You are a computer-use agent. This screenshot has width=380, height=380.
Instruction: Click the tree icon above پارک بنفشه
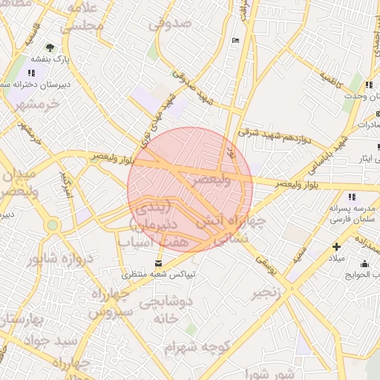pos(50,46)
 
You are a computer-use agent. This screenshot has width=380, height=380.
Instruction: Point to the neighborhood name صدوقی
pos(170,24)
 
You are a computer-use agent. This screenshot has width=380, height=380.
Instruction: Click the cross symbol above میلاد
pos(337,246)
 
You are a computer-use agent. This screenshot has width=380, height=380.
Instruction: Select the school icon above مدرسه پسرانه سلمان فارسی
pos(351,197)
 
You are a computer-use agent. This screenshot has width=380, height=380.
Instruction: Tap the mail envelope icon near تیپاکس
pos(157,263)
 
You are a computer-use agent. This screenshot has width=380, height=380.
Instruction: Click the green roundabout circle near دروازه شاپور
pos(52,225)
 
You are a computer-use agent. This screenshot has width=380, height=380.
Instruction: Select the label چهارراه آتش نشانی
pos(221,231)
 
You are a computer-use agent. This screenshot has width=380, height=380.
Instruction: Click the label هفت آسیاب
pos(159,241)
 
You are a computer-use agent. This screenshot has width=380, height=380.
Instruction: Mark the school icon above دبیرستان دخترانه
pos(32,73)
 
